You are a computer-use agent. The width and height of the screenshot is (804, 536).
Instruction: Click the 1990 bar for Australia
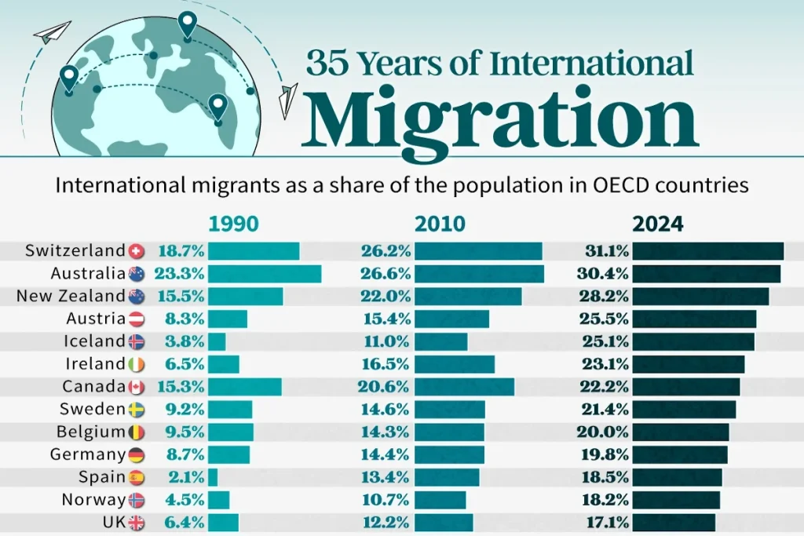(265, 274)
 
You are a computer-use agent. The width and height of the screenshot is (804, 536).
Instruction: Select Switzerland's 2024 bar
(707, 251)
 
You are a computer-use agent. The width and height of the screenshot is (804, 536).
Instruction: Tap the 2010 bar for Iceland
(440, 341)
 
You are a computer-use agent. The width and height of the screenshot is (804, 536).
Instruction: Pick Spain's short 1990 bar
(213, 477)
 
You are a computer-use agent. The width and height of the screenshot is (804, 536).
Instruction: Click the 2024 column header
(658, 224)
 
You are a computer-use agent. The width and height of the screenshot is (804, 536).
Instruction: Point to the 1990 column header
(233, 224)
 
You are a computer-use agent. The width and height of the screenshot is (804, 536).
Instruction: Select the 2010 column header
(440, 224)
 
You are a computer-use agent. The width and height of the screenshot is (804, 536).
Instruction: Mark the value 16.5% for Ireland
(386, 364)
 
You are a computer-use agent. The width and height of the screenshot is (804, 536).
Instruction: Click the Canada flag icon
(137, 387)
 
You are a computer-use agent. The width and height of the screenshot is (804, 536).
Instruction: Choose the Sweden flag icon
(137, 410)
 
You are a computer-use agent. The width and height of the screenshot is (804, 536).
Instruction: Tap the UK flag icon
(137, 523)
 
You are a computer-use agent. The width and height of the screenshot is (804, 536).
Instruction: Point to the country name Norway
(92, 500)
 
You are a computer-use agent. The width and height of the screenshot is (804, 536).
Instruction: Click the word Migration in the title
(499, 119)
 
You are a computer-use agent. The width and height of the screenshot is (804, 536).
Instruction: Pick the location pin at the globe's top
(187, 26)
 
